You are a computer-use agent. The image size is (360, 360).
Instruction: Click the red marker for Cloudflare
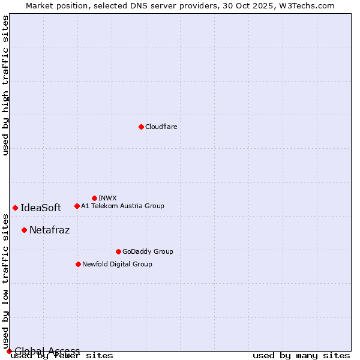pyautogui.click(x=141, y=127)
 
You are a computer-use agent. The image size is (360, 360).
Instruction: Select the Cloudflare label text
pyautogui.click(x=161, y=127)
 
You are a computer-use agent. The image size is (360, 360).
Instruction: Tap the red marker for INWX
pyautogui.click(x=94, y=198)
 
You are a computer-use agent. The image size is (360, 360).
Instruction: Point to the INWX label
pyautogui.click(x=107, y=198)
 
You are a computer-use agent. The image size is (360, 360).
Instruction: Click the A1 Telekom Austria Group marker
pyautogui.click(x=77, y=206)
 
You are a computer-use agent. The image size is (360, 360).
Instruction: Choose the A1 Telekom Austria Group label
pyautogui.click(x=122, y=206)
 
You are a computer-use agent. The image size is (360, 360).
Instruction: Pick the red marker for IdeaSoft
pyautogui.click(x=15, y=208)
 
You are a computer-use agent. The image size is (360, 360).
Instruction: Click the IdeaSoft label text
pyautogui.click(x=41, y=208)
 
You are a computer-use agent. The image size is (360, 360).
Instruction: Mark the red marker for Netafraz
pyautogui.click(x=24, y=230)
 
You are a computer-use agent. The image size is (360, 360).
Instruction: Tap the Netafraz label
pyautogui.click(x=49, y=230)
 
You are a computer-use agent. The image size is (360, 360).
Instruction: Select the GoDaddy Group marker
pyautogui.click(x=118, y=251)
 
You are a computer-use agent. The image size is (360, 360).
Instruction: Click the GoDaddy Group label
pyautogui.click(x=148, y=251)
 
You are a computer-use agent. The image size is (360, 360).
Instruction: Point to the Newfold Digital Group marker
pyautogui.click(x=78, y=264)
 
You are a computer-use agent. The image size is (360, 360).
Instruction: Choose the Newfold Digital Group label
pyautogui.click(x=117, y=264)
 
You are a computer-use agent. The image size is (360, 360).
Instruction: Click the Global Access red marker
pyautogui.click(x=8, y=351)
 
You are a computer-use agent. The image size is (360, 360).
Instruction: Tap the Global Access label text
pyautogui.click(x=47, y=351)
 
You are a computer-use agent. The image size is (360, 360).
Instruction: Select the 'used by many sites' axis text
pyautogui.click(x=301, y=356)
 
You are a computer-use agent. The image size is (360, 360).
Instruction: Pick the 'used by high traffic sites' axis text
pyautogui.click(x=5, y=85)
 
